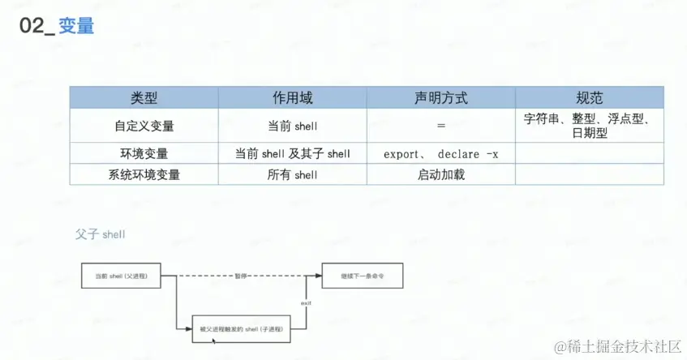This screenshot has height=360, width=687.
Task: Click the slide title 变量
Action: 77,26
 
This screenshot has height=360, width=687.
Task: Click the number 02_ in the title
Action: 37,26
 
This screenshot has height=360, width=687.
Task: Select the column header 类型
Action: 144,98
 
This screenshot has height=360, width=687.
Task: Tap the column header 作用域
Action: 292,98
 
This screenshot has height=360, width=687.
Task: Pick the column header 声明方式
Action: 440,98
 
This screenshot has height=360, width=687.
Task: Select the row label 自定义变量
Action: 144,126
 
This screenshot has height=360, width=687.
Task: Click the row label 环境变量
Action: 144,153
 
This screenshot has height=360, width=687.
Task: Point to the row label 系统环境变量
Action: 144,174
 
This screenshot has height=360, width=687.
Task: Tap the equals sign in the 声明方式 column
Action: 440,126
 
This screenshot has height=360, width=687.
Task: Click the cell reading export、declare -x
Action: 440,153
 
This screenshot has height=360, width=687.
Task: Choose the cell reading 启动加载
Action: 440,174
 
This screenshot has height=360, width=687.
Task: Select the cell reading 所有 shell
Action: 292,174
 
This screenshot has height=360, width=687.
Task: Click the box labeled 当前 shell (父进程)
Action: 120,276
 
